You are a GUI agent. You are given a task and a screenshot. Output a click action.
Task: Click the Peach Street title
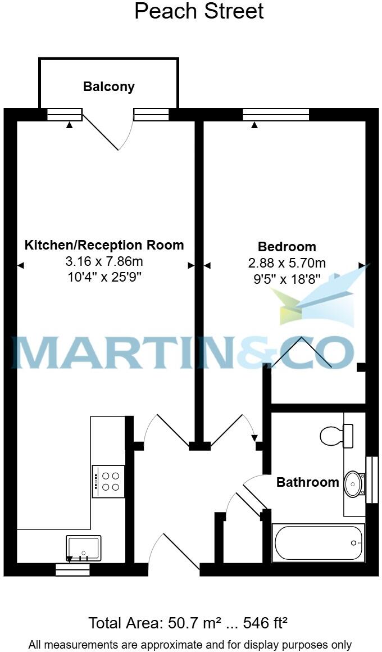coord(199,11)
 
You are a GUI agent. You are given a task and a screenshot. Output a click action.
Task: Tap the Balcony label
coord(108,87)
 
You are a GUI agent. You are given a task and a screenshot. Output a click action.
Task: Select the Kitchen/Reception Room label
coord(104,245)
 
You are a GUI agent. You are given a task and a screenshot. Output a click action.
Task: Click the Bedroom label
coord(286,246)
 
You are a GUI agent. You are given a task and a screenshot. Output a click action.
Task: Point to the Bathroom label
coord(307,482)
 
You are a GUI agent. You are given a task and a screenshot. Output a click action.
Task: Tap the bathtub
coord(318,542)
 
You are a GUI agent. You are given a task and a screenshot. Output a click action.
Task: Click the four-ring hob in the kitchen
coord(108,482)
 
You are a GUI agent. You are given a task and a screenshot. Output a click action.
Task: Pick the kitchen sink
coord(84,547)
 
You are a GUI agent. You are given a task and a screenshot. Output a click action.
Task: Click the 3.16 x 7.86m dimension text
coord(104,261)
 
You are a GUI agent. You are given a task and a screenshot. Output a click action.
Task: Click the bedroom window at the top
coord(276,115)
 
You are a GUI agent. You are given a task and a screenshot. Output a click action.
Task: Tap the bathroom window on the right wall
coord(371,479)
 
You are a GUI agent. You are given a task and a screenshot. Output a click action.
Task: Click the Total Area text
coord(188,623)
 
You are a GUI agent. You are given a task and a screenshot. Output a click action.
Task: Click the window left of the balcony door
coord(64,115)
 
